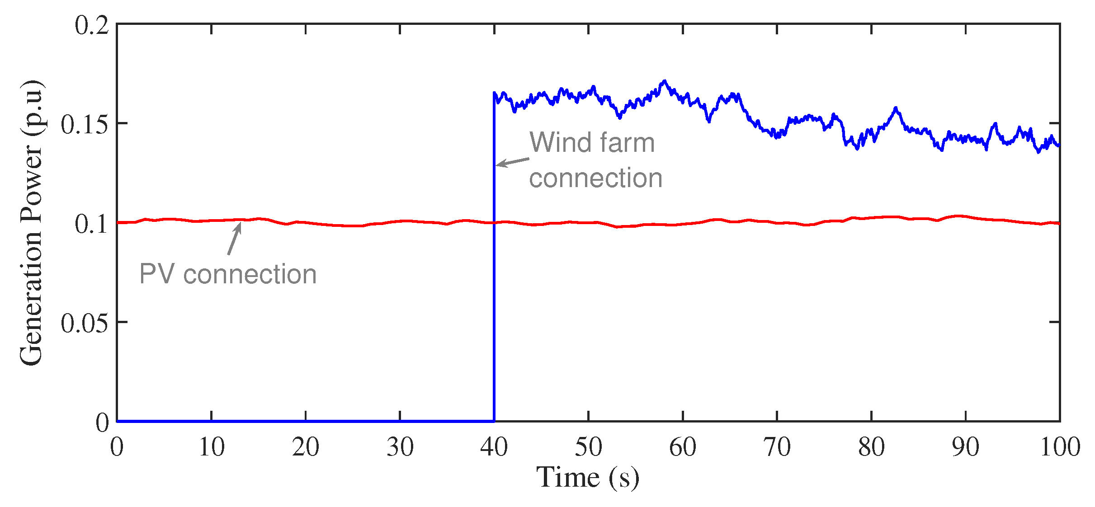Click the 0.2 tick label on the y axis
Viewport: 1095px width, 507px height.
(x=92, y=25)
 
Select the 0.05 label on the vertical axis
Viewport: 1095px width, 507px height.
(x=85, y=324)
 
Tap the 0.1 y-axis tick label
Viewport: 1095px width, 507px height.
(x=92, y=224)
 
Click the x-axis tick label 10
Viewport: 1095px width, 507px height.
(x=212, y=447)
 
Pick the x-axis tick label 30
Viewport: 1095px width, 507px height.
(x=400, y=447)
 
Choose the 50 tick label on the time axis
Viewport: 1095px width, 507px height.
(x=588, y=447)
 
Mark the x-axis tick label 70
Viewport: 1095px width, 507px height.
(x=777, y=447)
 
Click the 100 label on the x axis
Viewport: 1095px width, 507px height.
(x=1060, y=447)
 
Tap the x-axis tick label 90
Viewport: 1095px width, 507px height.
(x=966, y=447)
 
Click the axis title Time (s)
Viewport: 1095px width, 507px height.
(x=588, y=478)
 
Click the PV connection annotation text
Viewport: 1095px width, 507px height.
(x=228, y=274)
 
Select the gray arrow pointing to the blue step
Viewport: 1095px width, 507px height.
(x=513, y=162)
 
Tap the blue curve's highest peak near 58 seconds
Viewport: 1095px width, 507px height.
(x=664, y=82)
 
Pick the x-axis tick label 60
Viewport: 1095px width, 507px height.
(x=683, y=447)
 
